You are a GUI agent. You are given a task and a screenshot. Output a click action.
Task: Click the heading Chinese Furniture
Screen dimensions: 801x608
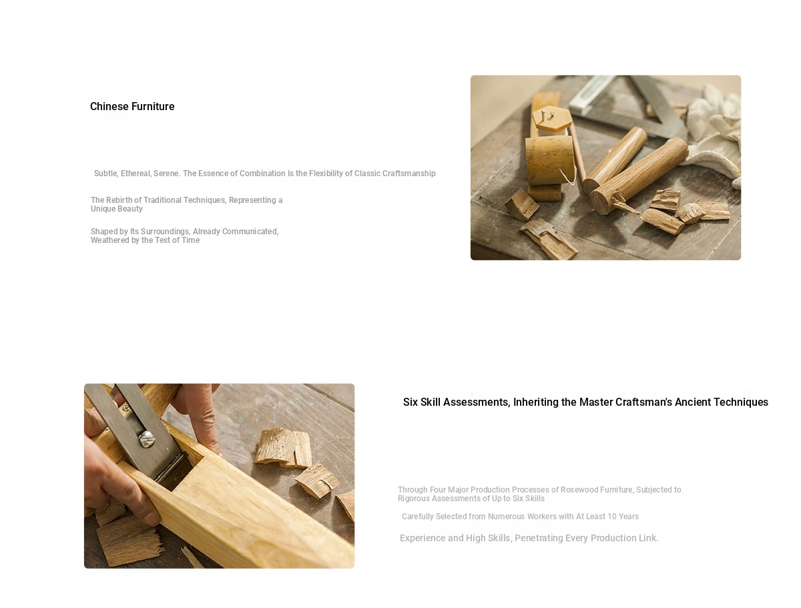[132, 106]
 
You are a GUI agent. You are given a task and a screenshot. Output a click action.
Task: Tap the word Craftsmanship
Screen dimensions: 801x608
[409, 174]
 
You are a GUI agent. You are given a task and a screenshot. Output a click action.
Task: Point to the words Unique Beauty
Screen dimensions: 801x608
[117, 209]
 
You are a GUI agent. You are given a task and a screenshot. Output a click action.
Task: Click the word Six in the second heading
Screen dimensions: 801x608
[410, 402]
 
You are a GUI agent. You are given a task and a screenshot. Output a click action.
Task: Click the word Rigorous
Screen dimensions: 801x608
[413, 499]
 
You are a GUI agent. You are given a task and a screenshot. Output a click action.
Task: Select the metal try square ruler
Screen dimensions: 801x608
[631, 109]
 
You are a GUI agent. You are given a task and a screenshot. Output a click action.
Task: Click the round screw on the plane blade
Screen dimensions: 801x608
[147, 438]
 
